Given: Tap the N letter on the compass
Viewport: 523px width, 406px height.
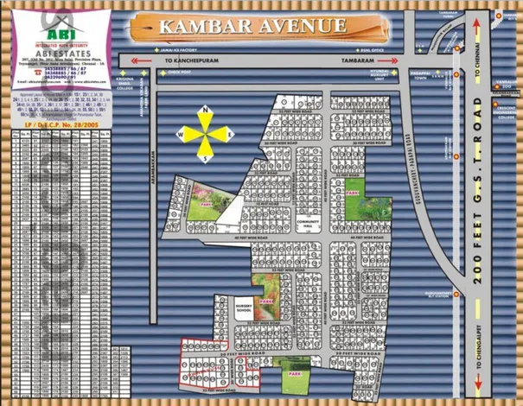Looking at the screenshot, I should (204, 111).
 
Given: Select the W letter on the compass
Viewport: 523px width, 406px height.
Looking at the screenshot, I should (182, 135).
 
